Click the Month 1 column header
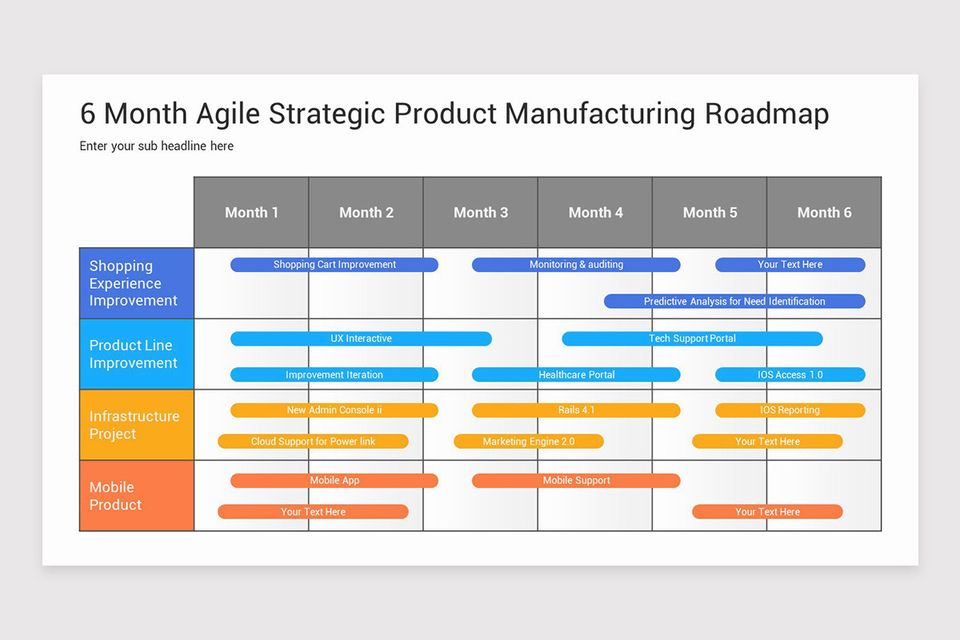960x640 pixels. (251, 212)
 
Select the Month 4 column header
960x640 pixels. (595, 212)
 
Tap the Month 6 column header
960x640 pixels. (824, 212)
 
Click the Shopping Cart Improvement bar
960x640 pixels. (334, 265)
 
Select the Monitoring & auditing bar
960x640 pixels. (576, 265)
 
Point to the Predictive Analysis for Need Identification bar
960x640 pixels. (734, 302)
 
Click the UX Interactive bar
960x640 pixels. (361, 338)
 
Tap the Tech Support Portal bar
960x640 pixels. (692, 338)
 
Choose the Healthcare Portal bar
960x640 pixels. (576, 374)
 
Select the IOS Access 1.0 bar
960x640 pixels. (790, 374)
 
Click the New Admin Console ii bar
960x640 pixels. (334, 410)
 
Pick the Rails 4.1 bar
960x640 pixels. (576, 410)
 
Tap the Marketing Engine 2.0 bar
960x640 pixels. (528, 442)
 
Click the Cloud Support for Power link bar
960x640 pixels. (313, 442)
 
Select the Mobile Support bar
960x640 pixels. (576, 481)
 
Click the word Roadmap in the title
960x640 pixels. (766, 114)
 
